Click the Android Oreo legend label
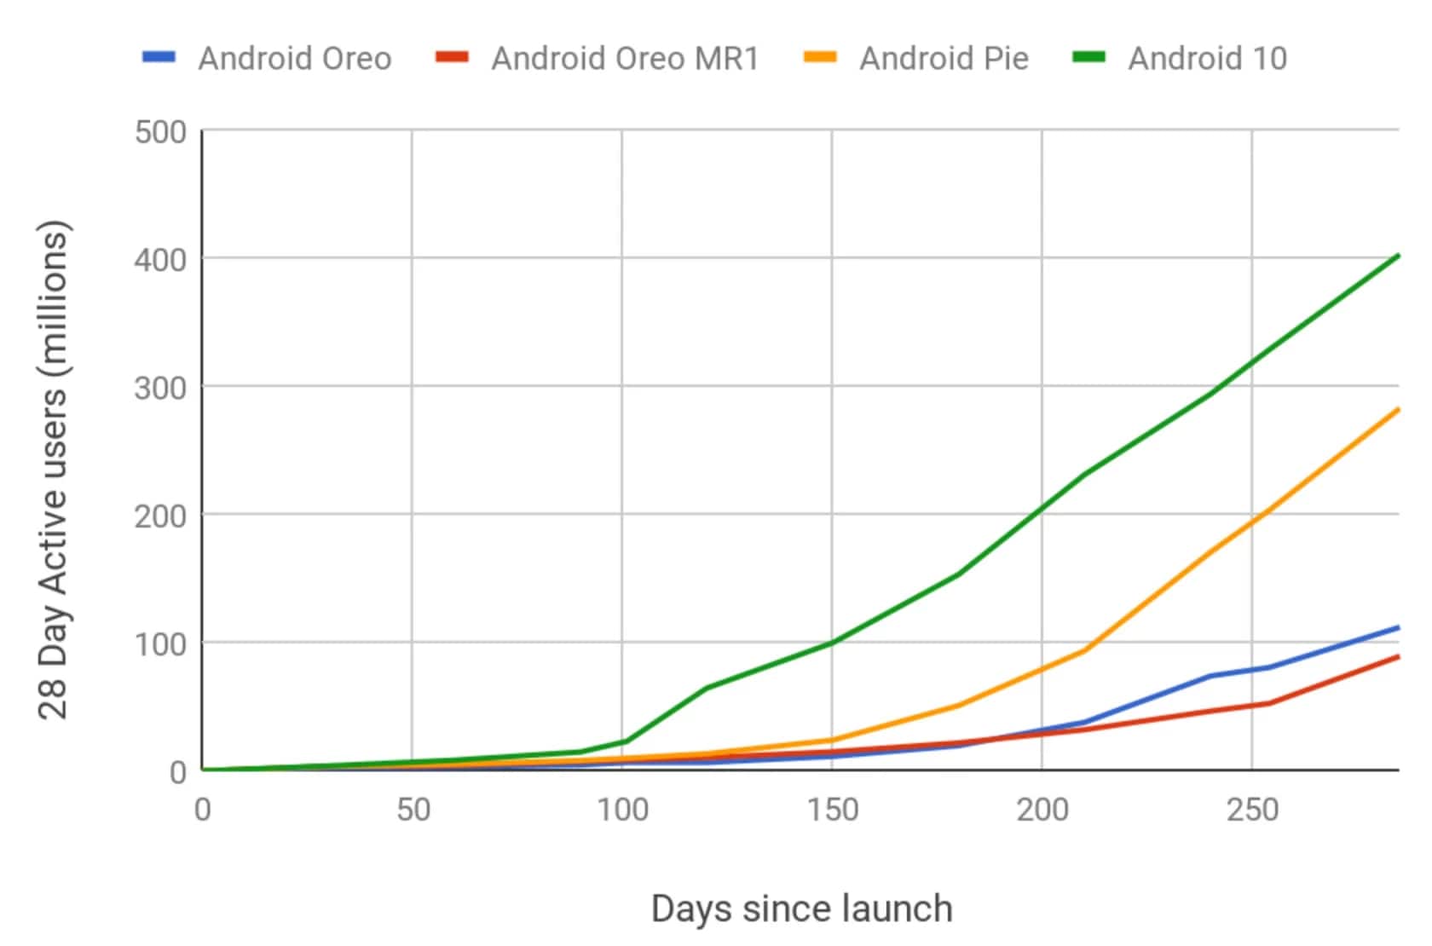(x=295, y=59)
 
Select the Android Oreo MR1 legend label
(x=625, y=59)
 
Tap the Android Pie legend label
(x=944, y=59)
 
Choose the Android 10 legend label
(x=1207, y=59)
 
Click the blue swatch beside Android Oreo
(x=159, y=57)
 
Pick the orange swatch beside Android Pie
(x=820, y=57)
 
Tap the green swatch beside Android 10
(x=1088, y=57)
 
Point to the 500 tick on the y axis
(x=161, y=132)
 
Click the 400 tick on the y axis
(x=161, y=260)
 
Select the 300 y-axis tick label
(x=161, y=388)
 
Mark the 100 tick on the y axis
(x=161, y=644)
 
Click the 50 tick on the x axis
(x=413, y=809)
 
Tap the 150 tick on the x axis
(x=833, y=809)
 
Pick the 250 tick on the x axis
(x=1252, y=809)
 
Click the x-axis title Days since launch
(x=801, y=909)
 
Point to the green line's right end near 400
(x=1397, y=256)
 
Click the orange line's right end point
(x=1397, y=410)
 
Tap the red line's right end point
(x=1397, y=657)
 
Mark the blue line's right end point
(x=1397, y=628)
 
